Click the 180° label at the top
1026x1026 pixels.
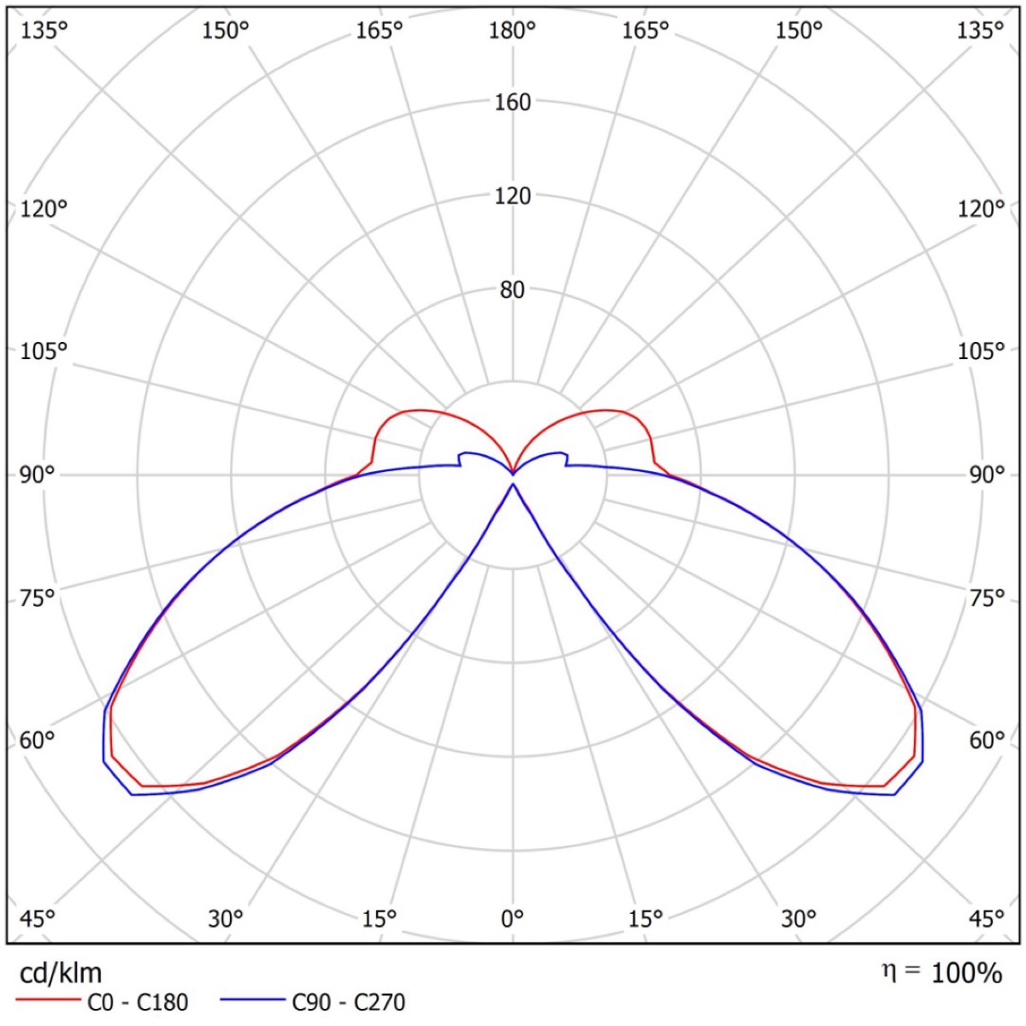(512, 31)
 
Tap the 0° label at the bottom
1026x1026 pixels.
(512, 919)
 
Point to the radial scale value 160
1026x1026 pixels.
(512, 103)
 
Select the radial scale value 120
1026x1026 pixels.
(512, 196)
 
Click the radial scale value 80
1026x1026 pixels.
(512, 290)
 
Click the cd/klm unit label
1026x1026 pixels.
(60, 973)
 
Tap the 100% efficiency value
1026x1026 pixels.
(966, 973)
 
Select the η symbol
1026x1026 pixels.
(890, 971)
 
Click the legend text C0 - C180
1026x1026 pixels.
(138, 1002)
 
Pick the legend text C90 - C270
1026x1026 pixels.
(348, 1002)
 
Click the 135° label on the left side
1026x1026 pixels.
(44, 31)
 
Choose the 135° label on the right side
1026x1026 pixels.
(980, 31)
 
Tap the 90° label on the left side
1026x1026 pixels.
(37, 475)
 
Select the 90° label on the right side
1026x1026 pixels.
(987, 475)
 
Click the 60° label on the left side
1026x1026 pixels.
(37, 740)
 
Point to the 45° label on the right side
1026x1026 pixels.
(987, 919)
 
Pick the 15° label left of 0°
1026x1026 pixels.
(379, 919)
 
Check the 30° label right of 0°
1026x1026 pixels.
(798, 919)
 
